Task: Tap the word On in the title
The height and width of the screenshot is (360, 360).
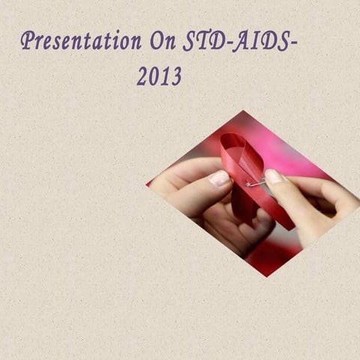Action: (162, 41)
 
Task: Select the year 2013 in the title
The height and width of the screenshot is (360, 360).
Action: (159, 76)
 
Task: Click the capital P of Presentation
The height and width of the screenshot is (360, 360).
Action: (28, 40)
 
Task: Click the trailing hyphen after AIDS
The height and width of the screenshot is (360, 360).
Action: (293, 43)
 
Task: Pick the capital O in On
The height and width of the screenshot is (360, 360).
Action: (156, 41)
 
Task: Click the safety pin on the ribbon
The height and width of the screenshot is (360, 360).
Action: (255, 182)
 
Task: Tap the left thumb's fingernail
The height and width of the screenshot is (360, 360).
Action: (220, 179)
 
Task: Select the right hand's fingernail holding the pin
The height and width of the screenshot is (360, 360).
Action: (274, 177)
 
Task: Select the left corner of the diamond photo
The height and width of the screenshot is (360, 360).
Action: (147, 184)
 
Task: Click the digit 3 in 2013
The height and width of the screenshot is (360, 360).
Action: (176, 76)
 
